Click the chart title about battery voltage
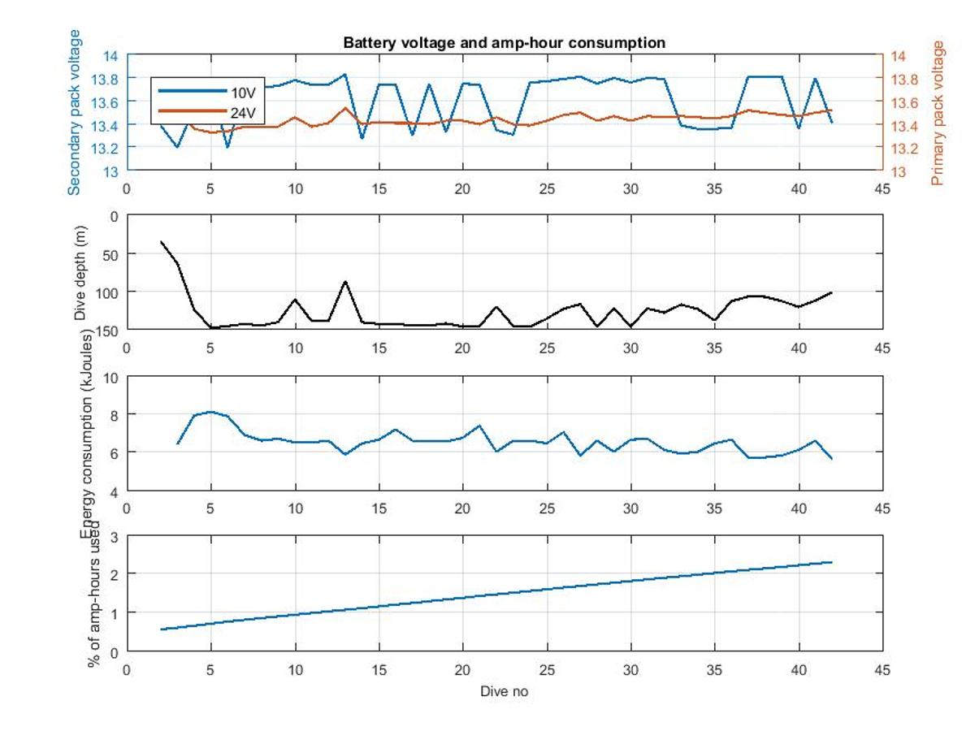tap(505, 42)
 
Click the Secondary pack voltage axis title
tap(75, 112)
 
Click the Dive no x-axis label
tap(505, 692)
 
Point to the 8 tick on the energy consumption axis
tap(115, 414)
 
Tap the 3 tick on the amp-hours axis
tap(115, 537)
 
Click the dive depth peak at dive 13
tap(345, 281)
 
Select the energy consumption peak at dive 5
tap(210, 412)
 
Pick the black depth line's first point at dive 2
tap(161, 241)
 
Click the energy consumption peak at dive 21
tap(479, 426)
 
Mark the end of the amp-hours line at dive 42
tap(832, 562)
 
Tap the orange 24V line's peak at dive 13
tap(345, 108)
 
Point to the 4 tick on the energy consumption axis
tap(115, 491)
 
